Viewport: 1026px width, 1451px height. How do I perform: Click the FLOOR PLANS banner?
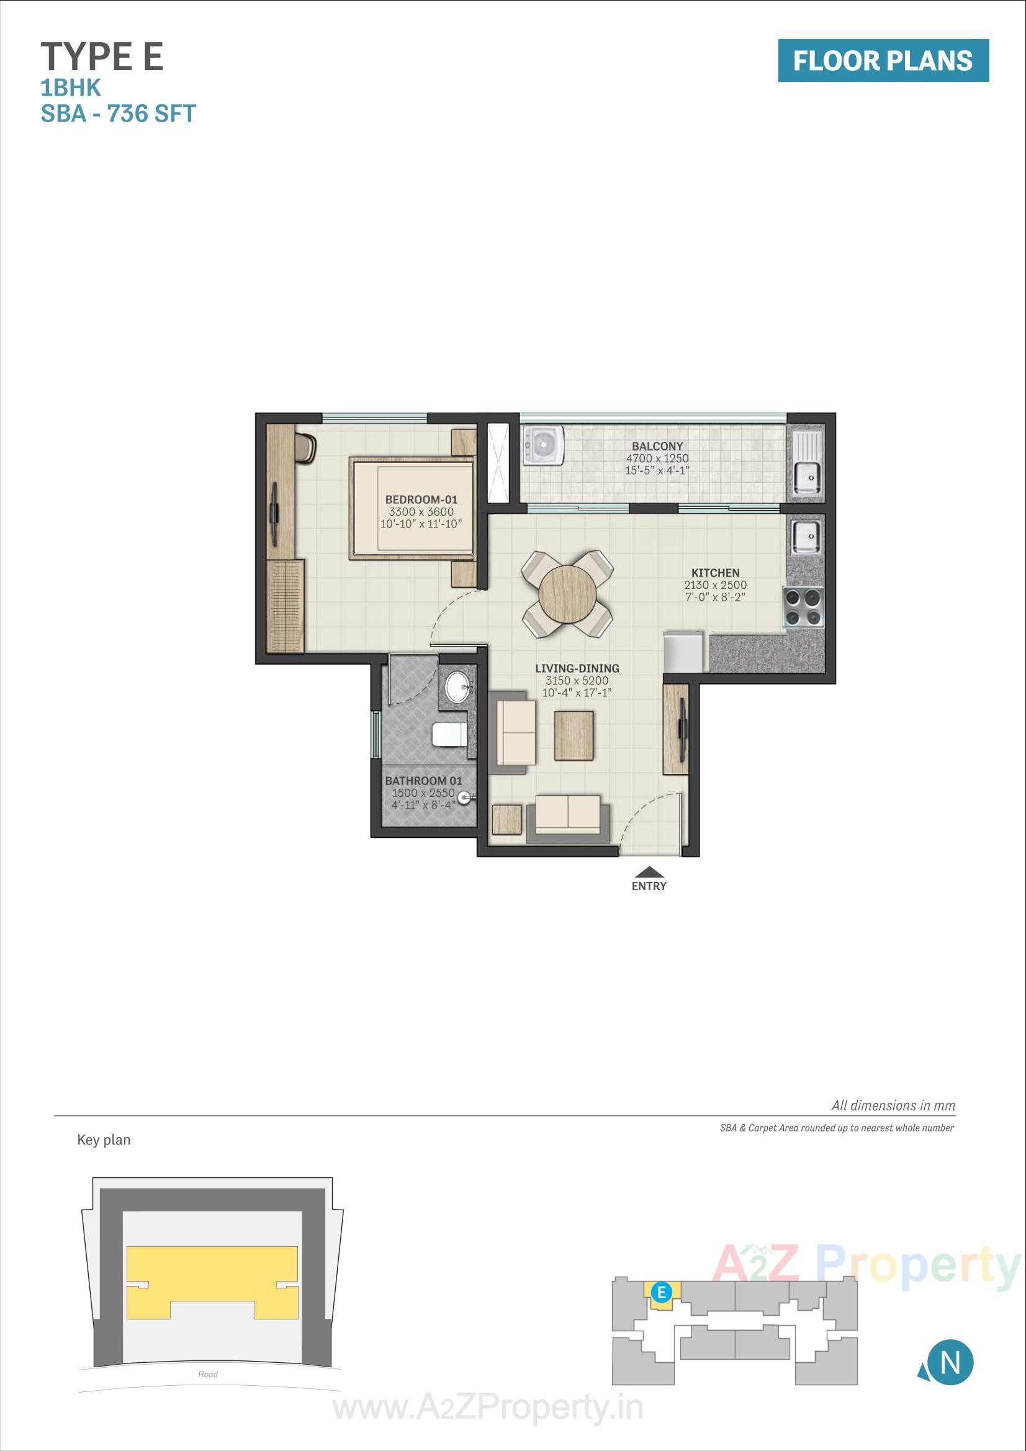click(x=883, y=61)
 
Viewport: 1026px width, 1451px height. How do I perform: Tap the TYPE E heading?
click(x=102, y=57)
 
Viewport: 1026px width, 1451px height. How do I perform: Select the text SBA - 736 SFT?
click(x=118, y=114)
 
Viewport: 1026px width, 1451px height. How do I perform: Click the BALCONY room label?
click(x=657, y=446)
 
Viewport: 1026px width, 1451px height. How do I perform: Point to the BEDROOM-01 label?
click(x=421, y=499)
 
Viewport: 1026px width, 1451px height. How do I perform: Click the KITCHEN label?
click(x=715, y=573)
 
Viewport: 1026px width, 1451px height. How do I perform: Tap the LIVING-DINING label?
click(x=577, y=668)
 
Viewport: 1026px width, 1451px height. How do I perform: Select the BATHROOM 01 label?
click(x=423, y=781)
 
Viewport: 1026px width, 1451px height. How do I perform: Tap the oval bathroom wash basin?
click(x=456, y=686)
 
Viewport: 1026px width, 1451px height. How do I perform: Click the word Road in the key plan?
click(x=207, y=1374)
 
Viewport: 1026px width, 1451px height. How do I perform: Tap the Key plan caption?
click(x=104, y=1139)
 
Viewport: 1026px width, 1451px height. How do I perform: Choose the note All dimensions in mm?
click(x=893, y=1105)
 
